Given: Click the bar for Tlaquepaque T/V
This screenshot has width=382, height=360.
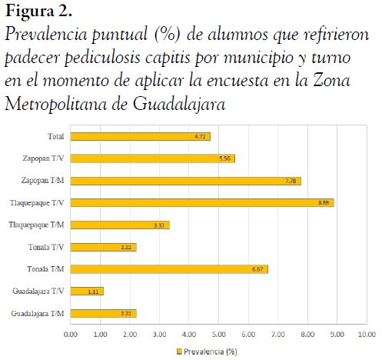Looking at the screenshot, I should [202, 202].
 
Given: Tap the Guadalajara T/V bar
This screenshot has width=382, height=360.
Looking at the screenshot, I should [87, 291].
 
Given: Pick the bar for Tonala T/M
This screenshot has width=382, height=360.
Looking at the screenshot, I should [169, 269].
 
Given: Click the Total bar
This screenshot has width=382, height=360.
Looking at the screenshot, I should [140, 136].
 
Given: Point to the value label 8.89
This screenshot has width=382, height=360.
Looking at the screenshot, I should [324, 202].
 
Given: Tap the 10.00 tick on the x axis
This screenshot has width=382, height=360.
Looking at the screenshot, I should [365, 335].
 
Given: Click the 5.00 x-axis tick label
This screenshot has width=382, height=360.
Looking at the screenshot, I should [218, 335].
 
